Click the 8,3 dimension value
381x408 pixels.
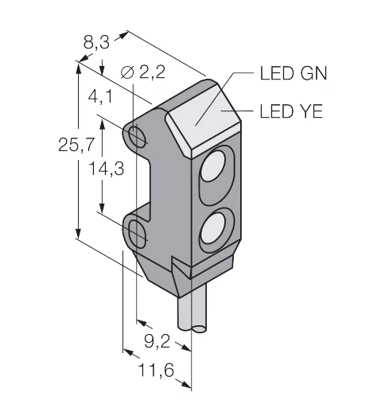pos(96,42)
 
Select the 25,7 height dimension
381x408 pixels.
pos(76,145)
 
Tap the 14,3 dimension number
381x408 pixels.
pos(106,169)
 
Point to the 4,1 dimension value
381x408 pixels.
pos(100,96)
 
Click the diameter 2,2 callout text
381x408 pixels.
pos(143,72)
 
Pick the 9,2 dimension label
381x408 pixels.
pos(157,341)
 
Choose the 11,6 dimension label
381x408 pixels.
pos(156,370)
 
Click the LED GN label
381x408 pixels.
pos(294,73)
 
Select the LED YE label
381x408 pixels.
pos(291,111)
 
